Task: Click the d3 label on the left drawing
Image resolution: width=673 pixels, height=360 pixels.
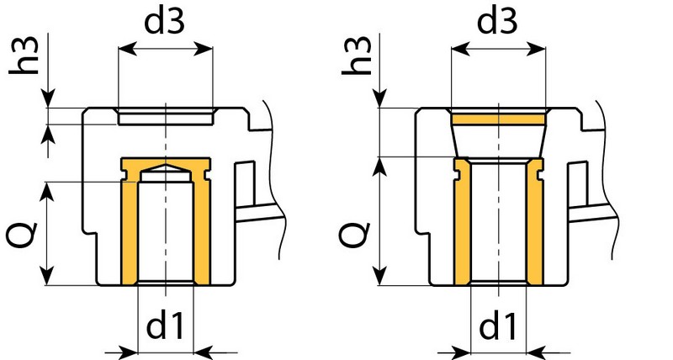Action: pyautogui.click(x=165, y=24)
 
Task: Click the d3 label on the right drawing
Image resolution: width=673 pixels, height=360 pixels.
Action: pyautogui.click(x=498, y=24)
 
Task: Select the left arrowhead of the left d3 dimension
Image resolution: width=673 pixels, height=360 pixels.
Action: pyautogui.click(x=125, y=49)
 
